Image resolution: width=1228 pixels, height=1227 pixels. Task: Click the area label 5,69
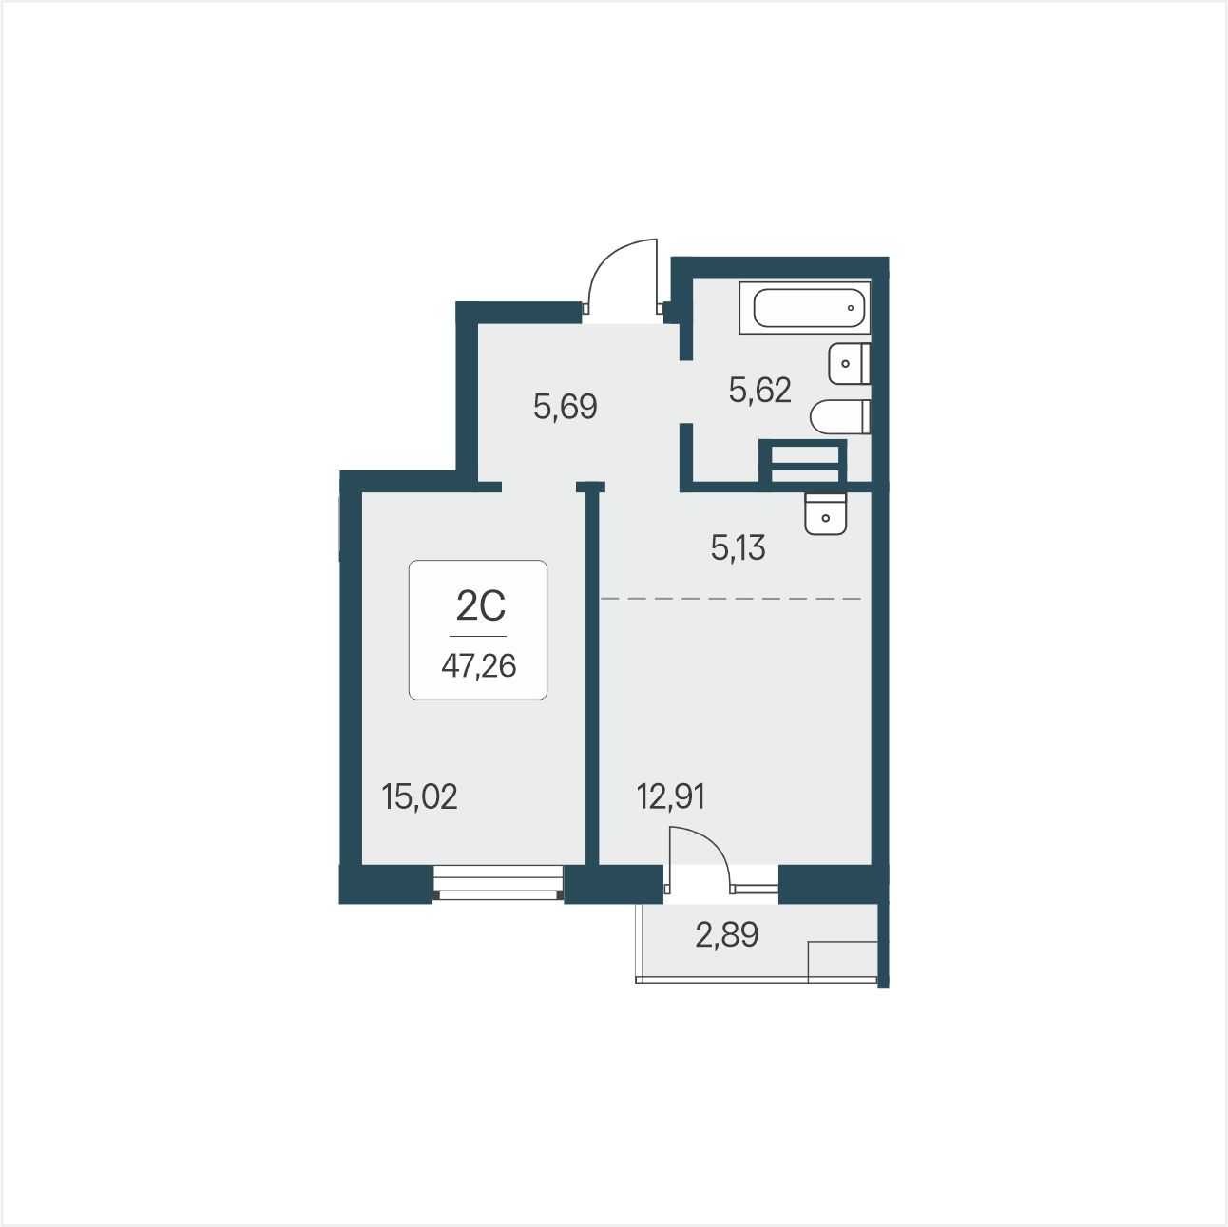[x=566, y=407]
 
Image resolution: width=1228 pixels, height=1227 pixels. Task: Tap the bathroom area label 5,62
[x=759, y=390]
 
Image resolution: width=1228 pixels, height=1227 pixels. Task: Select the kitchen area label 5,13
[x=738, y=547]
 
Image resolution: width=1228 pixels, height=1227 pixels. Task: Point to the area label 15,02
[x=419, y=796]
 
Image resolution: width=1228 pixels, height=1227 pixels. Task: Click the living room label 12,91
[x=671, y=796]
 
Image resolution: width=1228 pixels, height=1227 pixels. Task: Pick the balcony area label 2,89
[x=726, y=935]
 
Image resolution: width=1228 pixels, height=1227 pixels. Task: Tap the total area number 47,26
[x=479, y=666]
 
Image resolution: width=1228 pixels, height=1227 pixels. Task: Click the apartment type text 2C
[x=481, y=605]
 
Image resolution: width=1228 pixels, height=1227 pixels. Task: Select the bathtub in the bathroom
[x=805, y=308]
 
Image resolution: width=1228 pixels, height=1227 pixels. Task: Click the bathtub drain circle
[x=851, y=308]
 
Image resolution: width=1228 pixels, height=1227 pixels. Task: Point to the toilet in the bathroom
[x=840, y=417]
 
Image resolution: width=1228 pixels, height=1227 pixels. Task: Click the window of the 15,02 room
[x=498, y=883]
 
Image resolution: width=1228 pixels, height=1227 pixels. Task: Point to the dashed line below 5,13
[x=731, y=599]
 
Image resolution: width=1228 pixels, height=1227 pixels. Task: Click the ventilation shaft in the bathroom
[x=803, y=461]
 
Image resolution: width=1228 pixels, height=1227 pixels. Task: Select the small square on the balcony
[x=842, y=960]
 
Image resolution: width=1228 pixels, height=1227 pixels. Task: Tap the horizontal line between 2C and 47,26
[x=478, y=636]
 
